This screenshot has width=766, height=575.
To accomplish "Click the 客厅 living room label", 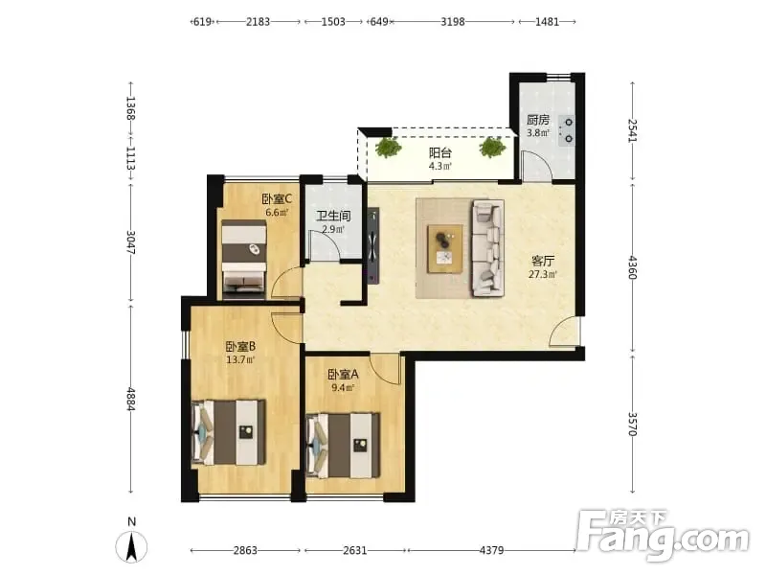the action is pos(542,261).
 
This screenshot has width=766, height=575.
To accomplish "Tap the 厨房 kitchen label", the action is pos(538,120).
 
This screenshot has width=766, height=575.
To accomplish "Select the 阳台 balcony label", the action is pos(439,152).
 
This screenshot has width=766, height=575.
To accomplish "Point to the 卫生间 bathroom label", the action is pos(333,216).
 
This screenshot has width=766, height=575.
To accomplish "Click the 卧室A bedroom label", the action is pos(343,375).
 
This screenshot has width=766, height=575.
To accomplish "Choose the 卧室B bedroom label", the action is pos(240,347).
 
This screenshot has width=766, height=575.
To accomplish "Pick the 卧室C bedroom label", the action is pos(277,199).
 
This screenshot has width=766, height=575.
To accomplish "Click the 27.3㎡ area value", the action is pos(542,274).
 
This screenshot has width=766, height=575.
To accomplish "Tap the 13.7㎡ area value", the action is pos(240,360).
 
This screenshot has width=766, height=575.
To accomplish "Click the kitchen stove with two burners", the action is pos(567,130).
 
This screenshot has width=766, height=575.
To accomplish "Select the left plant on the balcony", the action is pos(389,148).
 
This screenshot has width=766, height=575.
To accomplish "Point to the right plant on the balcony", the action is pos(492,148).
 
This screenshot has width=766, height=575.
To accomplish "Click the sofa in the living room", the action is pos(487,248).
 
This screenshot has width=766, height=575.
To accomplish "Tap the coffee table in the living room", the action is pos(445,248).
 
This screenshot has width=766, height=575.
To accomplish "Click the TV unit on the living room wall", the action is pos(373,245).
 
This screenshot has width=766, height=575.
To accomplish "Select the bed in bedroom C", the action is pos(244,260).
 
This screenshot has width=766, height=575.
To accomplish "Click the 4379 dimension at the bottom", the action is pos(491,550).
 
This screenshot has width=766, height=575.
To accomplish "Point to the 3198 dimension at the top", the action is pos(453,21).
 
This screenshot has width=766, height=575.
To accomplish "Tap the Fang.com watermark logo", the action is pos(663,536).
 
